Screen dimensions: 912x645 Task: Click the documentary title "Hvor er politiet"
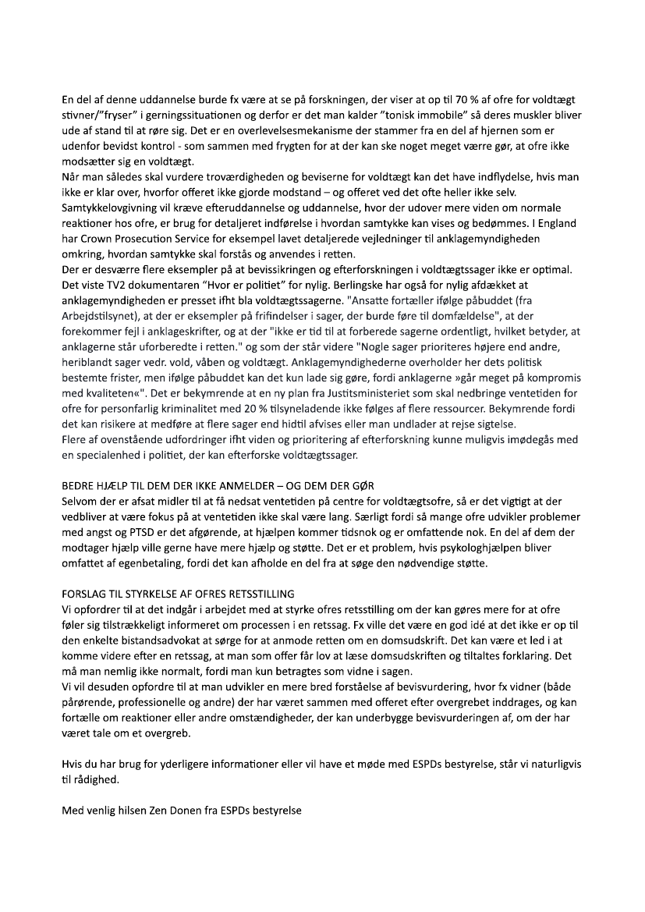pos(249,286)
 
